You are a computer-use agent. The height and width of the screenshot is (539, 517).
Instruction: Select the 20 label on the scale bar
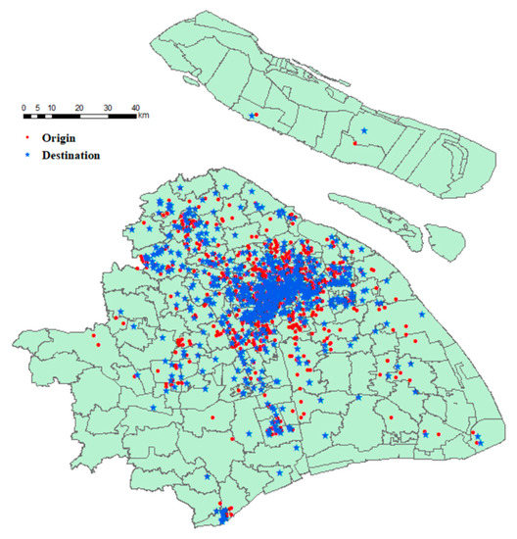tap(78, 106)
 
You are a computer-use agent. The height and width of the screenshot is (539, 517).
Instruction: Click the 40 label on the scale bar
tap(135, 106)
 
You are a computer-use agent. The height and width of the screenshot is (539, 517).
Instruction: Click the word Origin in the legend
tap(61, 138)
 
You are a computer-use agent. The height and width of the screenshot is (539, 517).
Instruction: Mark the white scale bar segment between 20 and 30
tap(94, 117)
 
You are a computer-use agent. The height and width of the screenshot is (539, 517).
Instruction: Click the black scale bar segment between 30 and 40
tap(121, 117)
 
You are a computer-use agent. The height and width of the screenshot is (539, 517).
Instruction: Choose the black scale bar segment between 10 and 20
tap(66, 117)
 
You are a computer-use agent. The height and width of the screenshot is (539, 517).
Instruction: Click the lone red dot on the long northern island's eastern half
tap(353, 143)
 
